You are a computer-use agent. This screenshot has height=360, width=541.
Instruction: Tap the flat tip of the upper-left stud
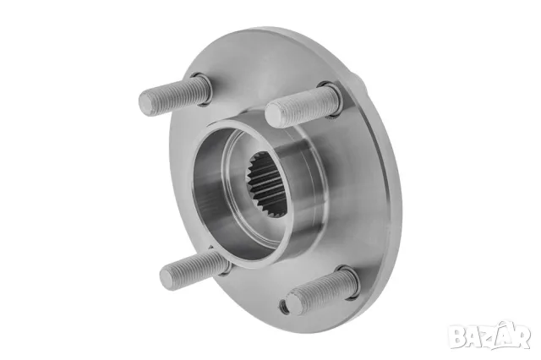[147, 102]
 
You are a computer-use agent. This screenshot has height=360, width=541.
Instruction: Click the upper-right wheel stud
[300, 106]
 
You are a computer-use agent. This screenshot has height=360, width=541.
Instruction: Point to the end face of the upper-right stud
[274, 115]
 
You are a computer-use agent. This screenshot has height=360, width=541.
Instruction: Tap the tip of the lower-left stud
[168, 278]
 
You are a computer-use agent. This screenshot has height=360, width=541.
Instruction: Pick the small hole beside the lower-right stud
[282, 305]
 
